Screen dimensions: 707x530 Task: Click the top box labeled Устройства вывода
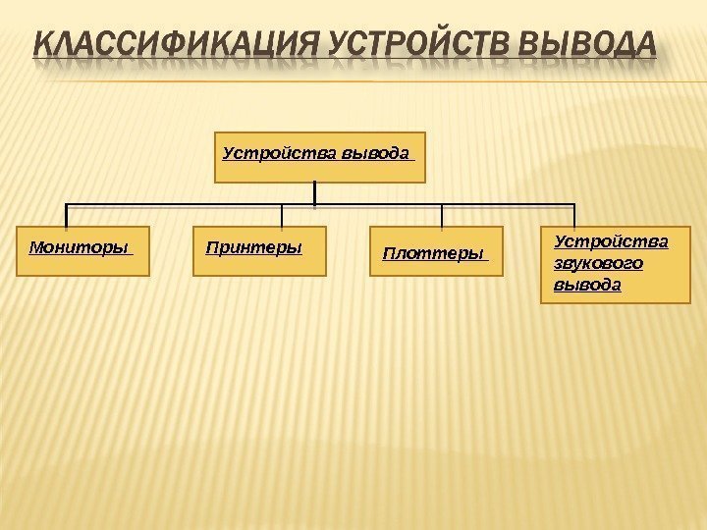[320, 159]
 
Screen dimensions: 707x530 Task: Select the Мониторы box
[83, 250]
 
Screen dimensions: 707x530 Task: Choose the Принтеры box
[259, 250]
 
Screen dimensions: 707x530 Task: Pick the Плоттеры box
[435, 253]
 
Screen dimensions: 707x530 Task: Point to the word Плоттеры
[431, 254]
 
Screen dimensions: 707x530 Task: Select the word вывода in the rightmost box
[587, 285]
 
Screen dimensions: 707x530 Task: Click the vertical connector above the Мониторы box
[66, 215]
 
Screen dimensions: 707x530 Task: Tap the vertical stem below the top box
[313, 194]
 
